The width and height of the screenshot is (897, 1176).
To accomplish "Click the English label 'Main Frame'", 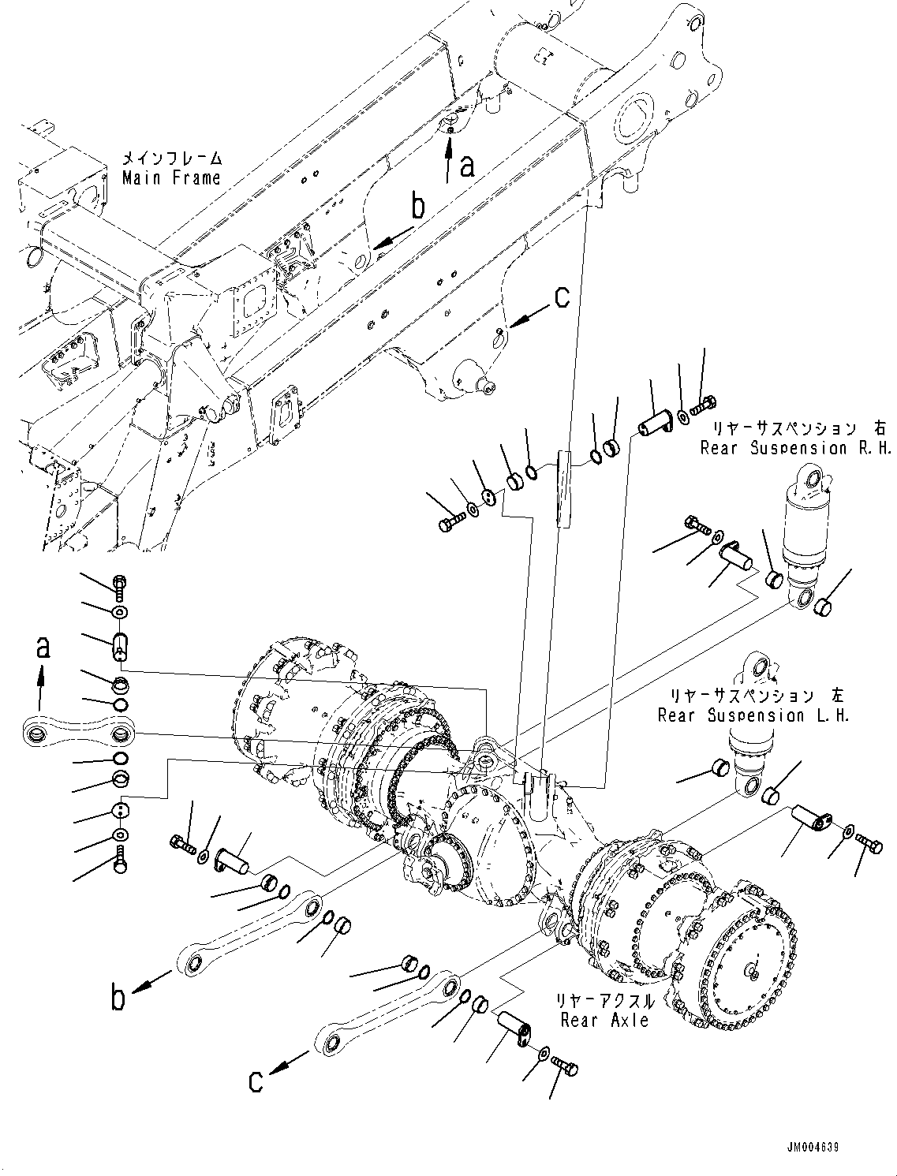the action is click(171, 178).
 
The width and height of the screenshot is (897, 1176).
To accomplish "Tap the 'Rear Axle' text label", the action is click(604, 1020).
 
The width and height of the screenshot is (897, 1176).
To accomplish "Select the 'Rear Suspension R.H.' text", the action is click(796, 448).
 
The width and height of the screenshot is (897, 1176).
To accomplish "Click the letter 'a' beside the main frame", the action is click(467, 166).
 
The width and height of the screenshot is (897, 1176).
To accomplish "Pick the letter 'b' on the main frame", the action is click(418, 207).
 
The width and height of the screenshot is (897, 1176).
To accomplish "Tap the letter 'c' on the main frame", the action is click(561, 297).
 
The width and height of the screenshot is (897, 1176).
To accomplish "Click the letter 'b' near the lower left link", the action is click(118, 998).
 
